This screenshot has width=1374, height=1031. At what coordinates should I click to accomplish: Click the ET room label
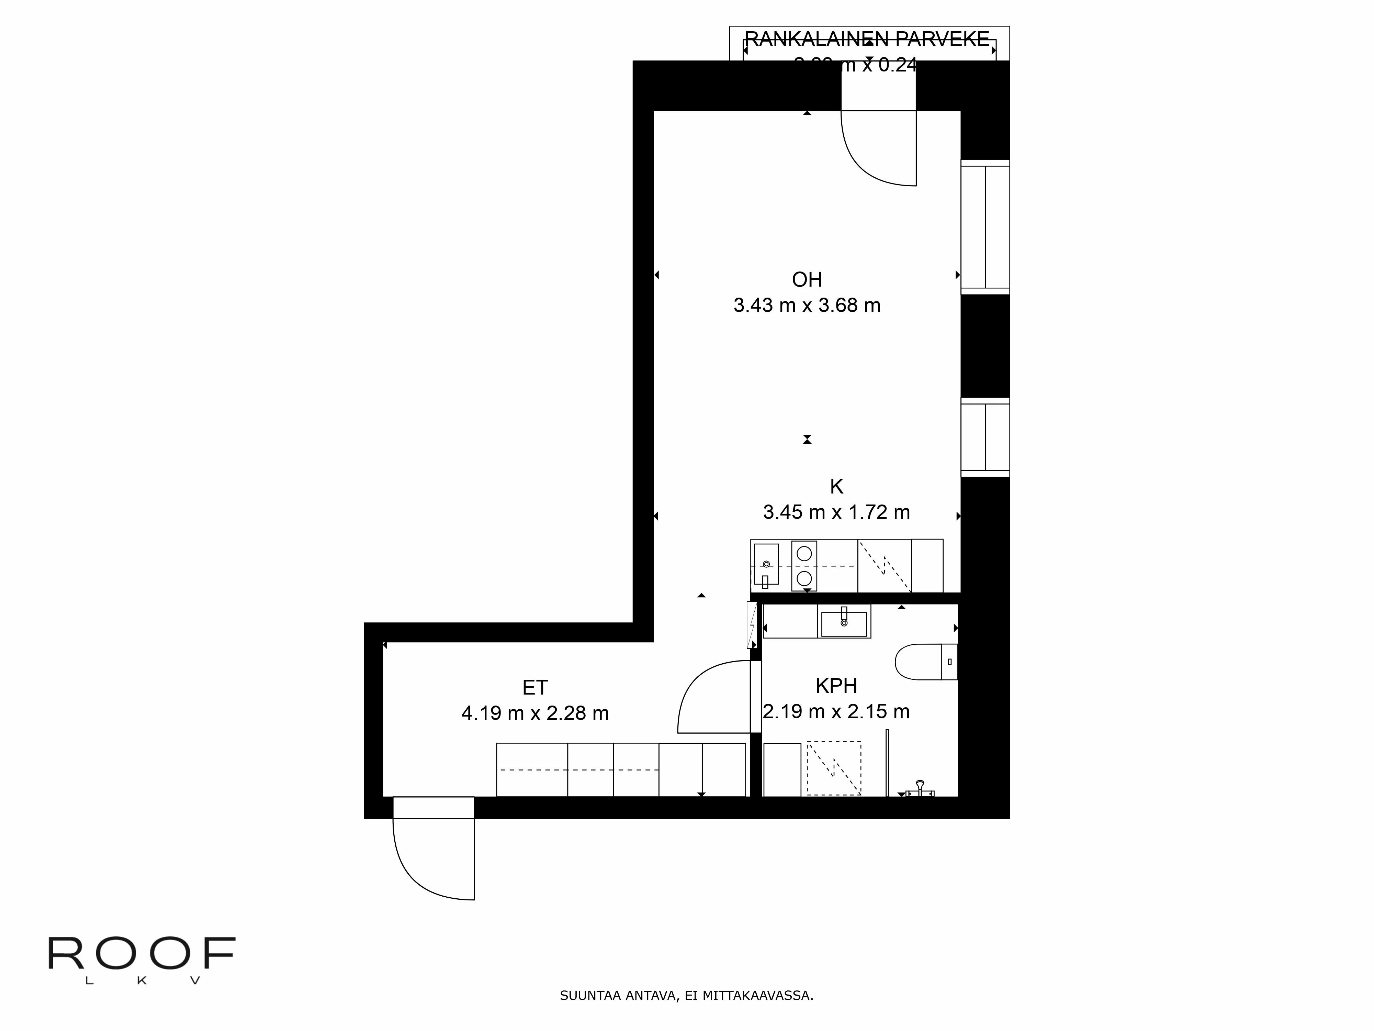click(x=535, y=687)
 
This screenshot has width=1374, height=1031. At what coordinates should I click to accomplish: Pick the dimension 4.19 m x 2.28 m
click(x=535, y=713)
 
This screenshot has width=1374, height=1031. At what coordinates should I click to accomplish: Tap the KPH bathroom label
click(x=836, y=686)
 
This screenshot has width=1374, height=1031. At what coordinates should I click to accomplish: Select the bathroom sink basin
click(x=844, y=623)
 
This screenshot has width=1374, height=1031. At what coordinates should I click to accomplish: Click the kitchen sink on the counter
click(x=766, y=564)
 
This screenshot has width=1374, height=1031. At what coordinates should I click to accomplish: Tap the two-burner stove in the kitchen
click(x=804, y=566)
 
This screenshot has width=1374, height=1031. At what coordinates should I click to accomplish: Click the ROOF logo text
click(x=142, y=954)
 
